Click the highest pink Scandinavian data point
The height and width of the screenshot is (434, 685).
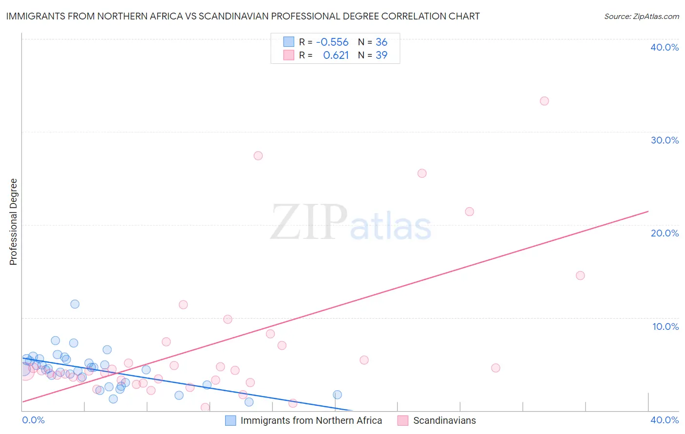tap(544, 101)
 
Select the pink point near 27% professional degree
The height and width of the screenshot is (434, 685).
tap(258, 156)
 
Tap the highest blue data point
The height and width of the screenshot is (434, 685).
tap(75, 304)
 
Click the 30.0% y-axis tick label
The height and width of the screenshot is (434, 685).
tap(665, 140)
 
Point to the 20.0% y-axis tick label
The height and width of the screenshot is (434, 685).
tap(665, 233)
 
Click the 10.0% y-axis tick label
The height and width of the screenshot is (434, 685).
tap(666, 326)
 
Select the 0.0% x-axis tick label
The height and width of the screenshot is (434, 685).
tap(34, 420)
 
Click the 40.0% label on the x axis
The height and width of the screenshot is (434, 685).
tap(665, 420)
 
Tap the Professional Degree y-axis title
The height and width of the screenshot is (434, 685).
tap(13, 222)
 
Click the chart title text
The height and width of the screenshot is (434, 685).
tap(243, 16)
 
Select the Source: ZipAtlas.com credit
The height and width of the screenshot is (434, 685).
tap(641, 17)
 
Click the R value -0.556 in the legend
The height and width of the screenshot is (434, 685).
tap(332, 42)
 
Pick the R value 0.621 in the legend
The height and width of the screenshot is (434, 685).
tap(336, 55)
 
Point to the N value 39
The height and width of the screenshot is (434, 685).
tap(381, 55)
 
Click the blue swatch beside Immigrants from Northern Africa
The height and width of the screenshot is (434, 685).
tap(230, 420)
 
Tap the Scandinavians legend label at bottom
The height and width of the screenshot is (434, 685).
tap(444, 420)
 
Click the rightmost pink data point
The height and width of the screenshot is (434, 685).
tap(580, 275)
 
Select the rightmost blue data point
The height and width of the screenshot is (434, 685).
tap(337, 395)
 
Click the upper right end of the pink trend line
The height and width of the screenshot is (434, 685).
tap(648, 211)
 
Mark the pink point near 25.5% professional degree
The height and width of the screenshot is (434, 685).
tap(422, 173)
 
